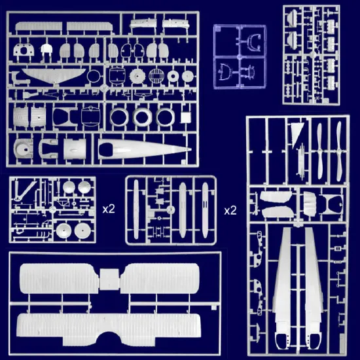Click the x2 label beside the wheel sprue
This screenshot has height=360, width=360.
[x=109, y=209]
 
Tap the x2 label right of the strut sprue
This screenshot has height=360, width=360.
[x=230, y=210]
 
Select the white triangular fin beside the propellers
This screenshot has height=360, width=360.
[x=297, y=135]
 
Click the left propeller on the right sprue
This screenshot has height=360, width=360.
[x=320, y=152]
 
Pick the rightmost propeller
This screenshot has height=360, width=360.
[x=338, y=151]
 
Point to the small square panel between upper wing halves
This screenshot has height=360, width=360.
[x=109, y=279]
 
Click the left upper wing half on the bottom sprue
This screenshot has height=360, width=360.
[x=59, y=278]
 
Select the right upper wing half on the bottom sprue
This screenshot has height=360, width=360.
[x=160, y=278]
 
